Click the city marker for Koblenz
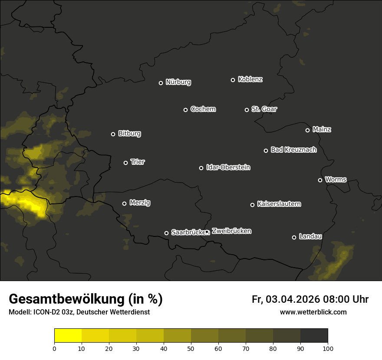click(233, 80)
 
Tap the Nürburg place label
click(178, 82)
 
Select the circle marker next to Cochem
click(185, 110)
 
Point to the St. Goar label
click(264, 109)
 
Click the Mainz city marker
click(307, 130)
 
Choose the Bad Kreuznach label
click(293, 150)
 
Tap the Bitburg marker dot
click(113, 134)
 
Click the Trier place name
click(138, 162)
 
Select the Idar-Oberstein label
click(228, 167)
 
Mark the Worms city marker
click(320, 180)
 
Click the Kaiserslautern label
click(279, 204)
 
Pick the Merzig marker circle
click(124, 203)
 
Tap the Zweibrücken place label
click(231, 231)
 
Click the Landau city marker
click(294, 237)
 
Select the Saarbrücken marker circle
click(166, 233)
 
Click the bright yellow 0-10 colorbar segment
click(68, 336)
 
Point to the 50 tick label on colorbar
click(191, 348)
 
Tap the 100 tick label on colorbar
click(327, 348)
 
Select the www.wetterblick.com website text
click(313, 312)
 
